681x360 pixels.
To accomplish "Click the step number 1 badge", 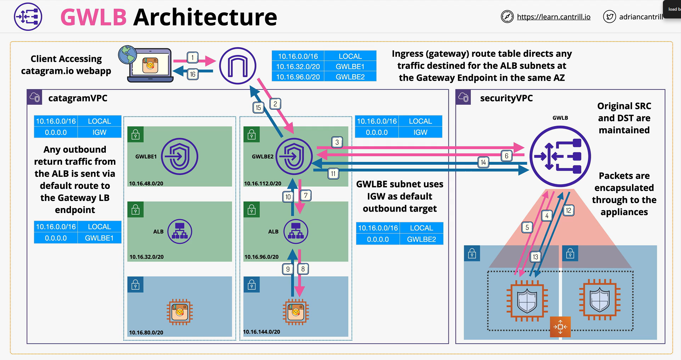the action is pos(192,58).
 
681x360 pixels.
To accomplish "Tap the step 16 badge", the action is pos(192,74).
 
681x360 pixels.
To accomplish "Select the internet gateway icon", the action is pos(238,66).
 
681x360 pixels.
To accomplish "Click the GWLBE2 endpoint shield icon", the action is pos(294,156).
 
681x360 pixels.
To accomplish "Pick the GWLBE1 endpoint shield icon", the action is pos(180,156).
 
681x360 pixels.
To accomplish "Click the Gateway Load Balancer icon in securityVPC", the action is pos(560,156).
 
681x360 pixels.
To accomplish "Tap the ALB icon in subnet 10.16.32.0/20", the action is pos(180,231).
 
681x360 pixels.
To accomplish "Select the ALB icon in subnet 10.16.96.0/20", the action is pos(296,231).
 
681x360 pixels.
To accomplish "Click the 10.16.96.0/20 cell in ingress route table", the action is pos(298,77).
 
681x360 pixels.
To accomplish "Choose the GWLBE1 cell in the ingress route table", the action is pos(350,66).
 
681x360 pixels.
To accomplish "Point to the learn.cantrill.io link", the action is pos(554,17).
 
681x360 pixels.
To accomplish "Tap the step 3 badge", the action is pos(337,142).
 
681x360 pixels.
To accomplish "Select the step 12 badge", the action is pos(568,210).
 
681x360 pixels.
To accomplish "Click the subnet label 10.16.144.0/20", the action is pos(262,332).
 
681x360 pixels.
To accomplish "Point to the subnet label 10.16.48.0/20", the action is pos(146,184).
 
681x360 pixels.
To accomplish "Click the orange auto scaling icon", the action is pos(560,327).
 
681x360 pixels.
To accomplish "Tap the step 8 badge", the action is pos(303,269).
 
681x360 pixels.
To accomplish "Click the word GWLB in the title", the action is pos(93,17).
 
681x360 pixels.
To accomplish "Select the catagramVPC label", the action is pos(78,98).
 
